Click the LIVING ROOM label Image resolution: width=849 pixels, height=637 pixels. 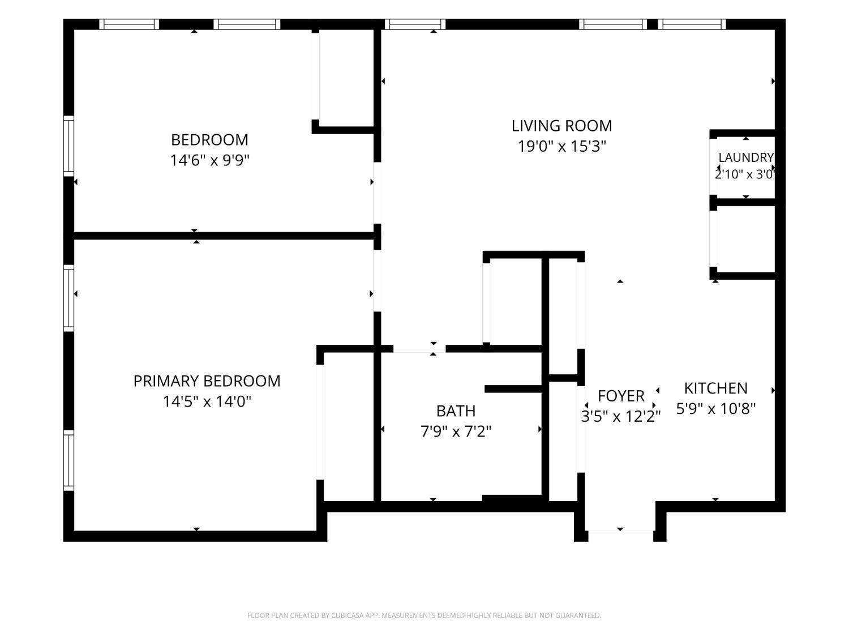(x=561, y=126)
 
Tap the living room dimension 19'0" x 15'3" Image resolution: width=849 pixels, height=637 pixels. (x=561, y=147)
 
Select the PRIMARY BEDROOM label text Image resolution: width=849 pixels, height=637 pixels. (x=207, y=381)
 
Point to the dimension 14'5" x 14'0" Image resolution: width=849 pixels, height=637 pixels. (x=207, y=402)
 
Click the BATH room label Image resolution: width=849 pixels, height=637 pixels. (x=456, y=411)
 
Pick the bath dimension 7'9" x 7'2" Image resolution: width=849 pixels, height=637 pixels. (x=456, y=431)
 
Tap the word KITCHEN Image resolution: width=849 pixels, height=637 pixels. (x=715, y=388)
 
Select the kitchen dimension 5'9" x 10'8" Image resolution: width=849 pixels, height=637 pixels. (x=715, y=408)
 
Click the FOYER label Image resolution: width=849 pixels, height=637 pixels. (x=621, y=396)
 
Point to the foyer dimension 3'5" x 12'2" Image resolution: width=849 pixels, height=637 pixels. (x=621, y=417)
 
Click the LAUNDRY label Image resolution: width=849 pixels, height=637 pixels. (x=746, y=157)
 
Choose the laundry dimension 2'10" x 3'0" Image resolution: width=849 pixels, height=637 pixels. (x=744, y=174)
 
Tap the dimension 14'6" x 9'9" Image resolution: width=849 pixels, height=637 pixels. (x=209, y=160)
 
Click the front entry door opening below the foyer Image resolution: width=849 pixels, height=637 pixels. (x=620, y=531)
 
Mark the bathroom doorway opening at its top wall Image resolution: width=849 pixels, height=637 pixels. (x=419, y=349)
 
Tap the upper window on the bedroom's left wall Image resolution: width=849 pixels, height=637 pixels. (x=68, y=146)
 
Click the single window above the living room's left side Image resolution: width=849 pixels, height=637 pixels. (x=415, y=24)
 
